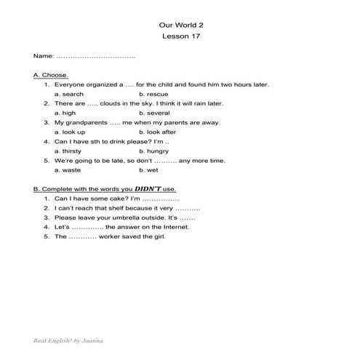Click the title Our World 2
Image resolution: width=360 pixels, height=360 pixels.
[x=180, y=23]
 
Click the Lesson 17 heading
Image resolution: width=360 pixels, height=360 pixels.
[x=180, y=35]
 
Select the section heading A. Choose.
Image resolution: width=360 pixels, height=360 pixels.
[x=51, y=75]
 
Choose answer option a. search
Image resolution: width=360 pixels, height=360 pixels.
[x=69, y=94]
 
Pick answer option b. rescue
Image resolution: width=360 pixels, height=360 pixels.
[x=153, y=94]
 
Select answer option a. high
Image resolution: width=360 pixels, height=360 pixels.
[x=65, y=113]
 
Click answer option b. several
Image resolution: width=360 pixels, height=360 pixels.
[x=154, y=113]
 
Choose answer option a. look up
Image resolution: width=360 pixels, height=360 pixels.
[x=70, y=132]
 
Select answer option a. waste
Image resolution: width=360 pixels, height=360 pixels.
[x=68, y=169]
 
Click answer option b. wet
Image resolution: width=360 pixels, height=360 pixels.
[x=148, y=169]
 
